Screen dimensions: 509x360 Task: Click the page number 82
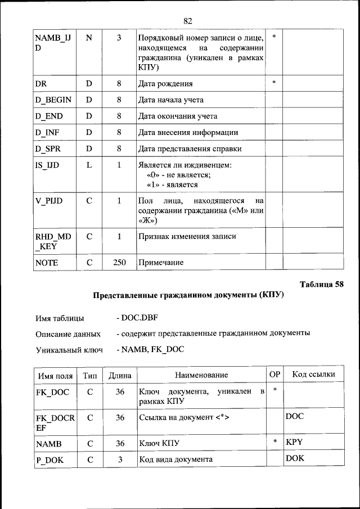(188, 21)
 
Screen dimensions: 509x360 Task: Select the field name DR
(40, 83)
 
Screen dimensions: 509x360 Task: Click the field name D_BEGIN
(53, 100)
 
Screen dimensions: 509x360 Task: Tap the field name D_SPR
(49, 148)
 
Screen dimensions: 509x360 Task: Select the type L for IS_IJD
(89, 165)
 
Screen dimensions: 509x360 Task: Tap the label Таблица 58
(321, 283)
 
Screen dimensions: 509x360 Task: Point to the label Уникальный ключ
(69, 350)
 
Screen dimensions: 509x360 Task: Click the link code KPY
(294, 443)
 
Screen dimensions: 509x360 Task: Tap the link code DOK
(295, 459)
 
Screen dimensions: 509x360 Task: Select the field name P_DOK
(49, 460)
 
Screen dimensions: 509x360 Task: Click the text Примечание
(161, 263)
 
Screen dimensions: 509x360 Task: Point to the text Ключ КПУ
(159, 444)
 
